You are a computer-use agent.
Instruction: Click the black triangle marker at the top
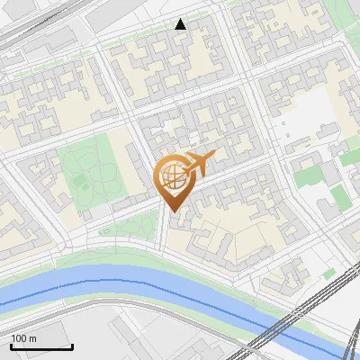click(181, 24)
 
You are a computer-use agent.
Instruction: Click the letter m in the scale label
click(32, 338)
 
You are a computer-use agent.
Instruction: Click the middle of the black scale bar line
click(41, 346)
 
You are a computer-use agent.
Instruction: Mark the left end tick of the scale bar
click(11, 344)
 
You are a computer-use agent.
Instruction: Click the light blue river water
click(135, 290)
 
